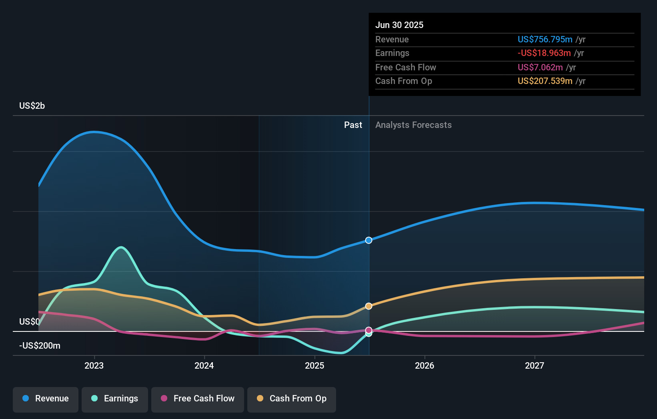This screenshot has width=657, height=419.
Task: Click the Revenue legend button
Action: [x=46, y=399]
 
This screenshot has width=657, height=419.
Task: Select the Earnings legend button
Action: [x=115, y=399]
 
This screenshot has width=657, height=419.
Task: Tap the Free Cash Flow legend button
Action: [x=198, y=399]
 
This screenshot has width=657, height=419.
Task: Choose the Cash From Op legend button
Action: [x=292, y=399]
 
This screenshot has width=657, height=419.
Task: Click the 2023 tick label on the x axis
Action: [x=94, y=365]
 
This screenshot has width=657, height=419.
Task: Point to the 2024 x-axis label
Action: [x=204, y=365]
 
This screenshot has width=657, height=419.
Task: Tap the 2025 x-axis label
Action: [x=314, y=365]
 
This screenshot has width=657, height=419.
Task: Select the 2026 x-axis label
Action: [x=425, y=365]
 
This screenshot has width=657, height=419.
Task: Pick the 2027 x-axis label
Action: [x=535, y=365]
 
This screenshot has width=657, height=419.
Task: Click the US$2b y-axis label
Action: [x=32, y=106]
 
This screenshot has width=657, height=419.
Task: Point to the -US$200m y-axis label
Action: [x=40, y=346]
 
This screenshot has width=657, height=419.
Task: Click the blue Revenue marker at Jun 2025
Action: [x=369, y=240]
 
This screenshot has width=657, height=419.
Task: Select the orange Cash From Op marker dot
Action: [x=369, y=306]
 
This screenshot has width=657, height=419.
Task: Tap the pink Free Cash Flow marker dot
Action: [x=369, y=330]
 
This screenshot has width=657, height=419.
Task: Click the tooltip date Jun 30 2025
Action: [x=399, y=25]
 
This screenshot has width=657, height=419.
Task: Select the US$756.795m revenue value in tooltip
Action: [x=545, y=40]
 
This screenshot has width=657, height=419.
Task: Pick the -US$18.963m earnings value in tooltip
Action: [x=544, y=53]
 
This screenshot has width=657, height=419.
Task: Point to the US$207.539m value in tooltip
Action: [x=545, y=81]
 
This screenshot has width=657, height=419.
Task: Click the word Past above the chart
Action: [x=353, y=125]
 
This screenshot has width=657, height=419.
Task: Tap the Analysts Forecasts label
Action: [x=413, y=125]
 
